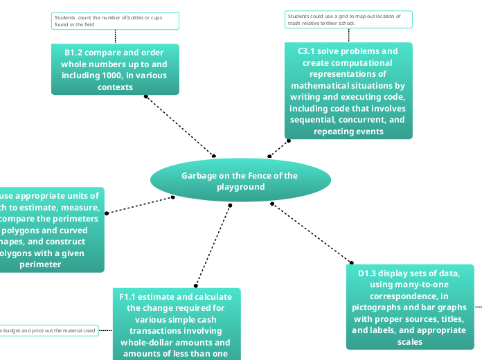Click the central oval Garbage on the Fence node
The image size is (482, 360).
tap(240, 181)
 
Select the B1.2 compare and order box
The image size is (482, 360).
tap(115, 69)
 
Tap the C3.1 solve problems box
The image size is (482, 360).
tap(348, 91)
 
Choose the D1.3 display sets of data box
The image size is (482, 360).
tap(411, 307)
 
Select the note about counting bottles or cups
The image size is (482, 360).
tap(115, 21)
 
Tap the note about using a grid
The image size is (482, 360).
tap(348, 19)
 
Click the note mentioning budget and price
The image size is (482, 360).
tap(48, 331)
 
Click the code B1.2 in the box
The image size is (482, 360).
tap(75, 53)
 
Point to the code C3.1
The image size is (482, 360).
tap(309, 51)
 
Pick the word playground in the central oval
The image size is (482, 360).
tap(240, 187)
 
